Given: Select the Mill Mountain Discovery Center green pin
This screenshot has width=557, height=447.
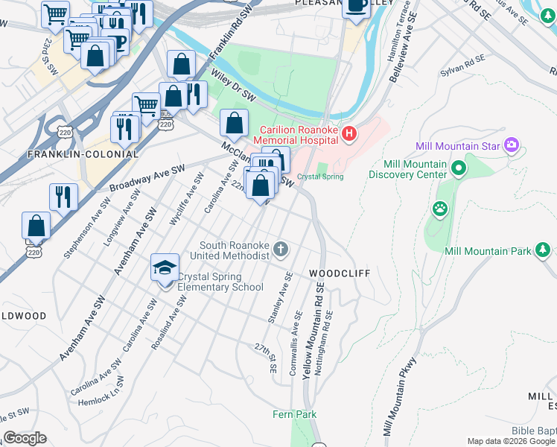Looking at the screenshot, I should [x=459, y=169].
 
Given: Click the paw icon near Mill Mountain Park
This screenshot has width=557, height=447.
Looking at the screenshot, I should [x=441, y=209].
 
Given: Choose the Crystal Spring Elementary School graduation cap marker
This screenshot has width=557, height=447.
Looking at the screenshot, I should [x=165, y=269].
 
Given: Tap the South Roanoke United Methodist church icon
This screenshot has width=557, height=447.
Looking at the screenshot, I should [x=281, y=250].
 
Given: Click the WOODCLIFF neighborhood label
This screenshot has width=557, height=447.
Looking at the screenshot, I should [x=340, y=273].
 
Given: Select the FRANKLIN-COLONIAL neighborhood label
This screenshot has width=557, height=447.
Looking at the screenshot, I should [x=83, y=154].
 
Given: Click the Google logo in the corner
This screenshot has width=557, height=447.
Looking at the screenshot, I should [x=24, y=438].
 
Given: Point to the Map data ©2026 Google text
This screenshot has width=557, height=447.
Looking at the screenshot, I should [x=510, y=441].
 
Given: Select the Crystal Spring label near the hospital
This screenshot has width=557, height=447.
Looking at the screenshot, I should [x=320, y=177].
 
